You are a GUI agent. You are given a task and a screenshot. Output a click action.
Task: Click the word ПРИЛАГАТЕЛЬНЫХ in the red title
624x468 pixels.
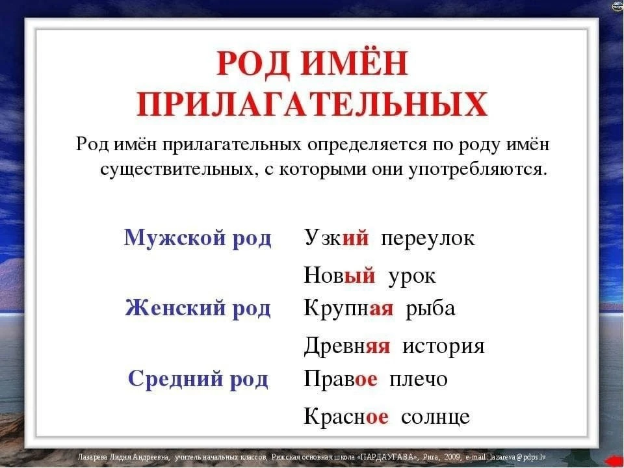[x=312, y=104]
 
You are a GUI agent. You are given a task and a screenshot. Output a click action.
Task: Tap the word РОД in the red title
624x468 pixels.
[x=253, y=63]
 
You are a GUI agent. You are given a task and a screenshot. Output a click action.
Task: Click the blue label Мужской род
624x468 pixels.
[x=198, y=238]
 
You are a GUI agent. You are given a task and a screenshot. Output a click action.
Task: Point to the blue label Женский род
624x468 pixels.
[x=198, y=308]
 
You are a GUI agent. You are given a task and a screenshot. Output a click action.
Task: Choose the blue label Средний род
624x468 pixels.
[x=198, y=378]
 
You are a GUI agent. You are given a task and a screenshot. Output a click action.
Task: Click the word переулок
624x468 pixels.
[x=428, y=239]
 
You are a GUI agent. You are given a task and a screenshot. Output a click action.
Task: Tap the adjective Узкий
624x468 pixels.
[x=337, y=238]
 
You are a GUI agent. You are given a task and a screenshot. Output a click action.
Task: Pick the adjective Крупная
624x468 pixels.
[x=348, y=309]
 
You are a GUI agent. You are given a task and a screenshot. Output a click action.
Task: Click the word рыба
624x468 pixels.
[x=430, y=308]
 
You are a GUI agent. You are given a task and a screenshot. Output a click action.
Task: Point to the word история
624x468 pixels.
[x=443, y=346]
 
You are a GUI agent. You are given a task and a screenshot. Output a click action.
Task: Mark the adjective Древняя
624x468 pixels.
[x=347, y=345]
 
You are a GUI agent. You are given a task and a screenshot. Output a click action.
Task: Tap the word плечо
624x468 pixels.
[x=418, y=379]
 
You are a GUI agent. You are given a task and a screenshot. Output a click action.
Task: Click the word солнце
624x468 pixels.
[x=435, y=417]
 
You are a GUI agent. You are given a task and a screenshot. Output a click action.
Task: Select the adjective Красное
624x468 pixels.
[x=346, y=416]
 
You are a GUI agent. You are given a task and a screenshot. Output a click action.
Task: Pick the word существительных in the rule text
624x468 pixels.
[x=177, y=170]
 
